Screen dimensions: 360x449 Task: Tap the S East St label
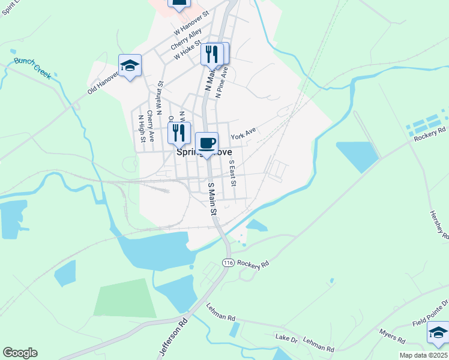point(233,173)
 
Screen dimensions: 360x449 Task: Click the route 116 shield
point(228,263)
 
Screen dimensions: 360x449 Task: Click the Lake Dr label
point(286,339)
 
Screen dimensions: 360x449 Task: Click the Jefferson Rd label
point(173,338)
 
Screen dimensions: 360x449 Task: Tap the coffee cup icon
point(206,143)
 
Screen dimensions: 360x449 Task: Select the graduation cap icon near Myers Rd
point(438,332)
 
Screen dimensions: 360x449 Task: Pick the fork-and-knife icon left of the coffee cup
point(179,133)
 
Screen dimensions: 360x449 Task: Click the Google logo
point(20,353)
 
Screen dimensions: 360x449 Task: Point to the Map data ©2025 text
point(423,355)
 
